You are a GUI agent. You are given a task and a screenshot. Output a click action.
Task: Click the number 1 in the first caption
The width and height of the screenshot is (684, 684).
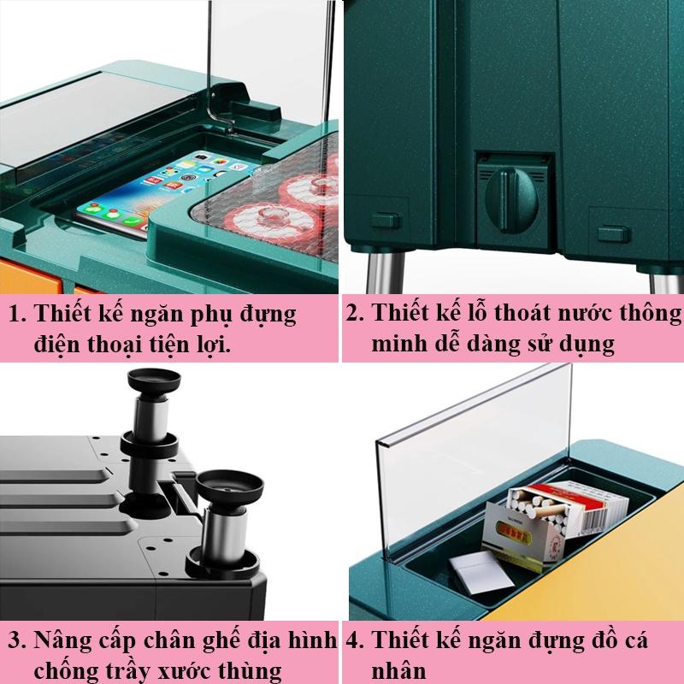point(15,315)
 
